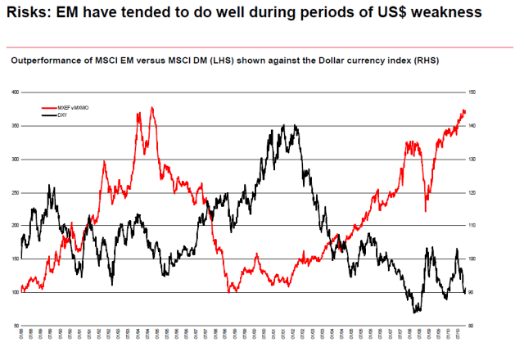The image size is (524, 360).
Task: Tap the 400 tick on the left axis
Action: (14, 92)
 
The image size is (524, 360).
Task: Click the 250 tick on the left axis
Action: (14, 192)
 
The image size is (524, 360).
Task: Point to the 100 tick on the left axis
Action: (14, 292)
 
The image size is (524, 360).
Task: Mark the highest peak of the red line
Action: (151, 107)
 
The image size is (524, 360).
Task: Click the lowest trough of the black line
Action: (416, 313)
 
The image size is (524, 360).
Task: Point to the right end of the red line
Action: (466, 111)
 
